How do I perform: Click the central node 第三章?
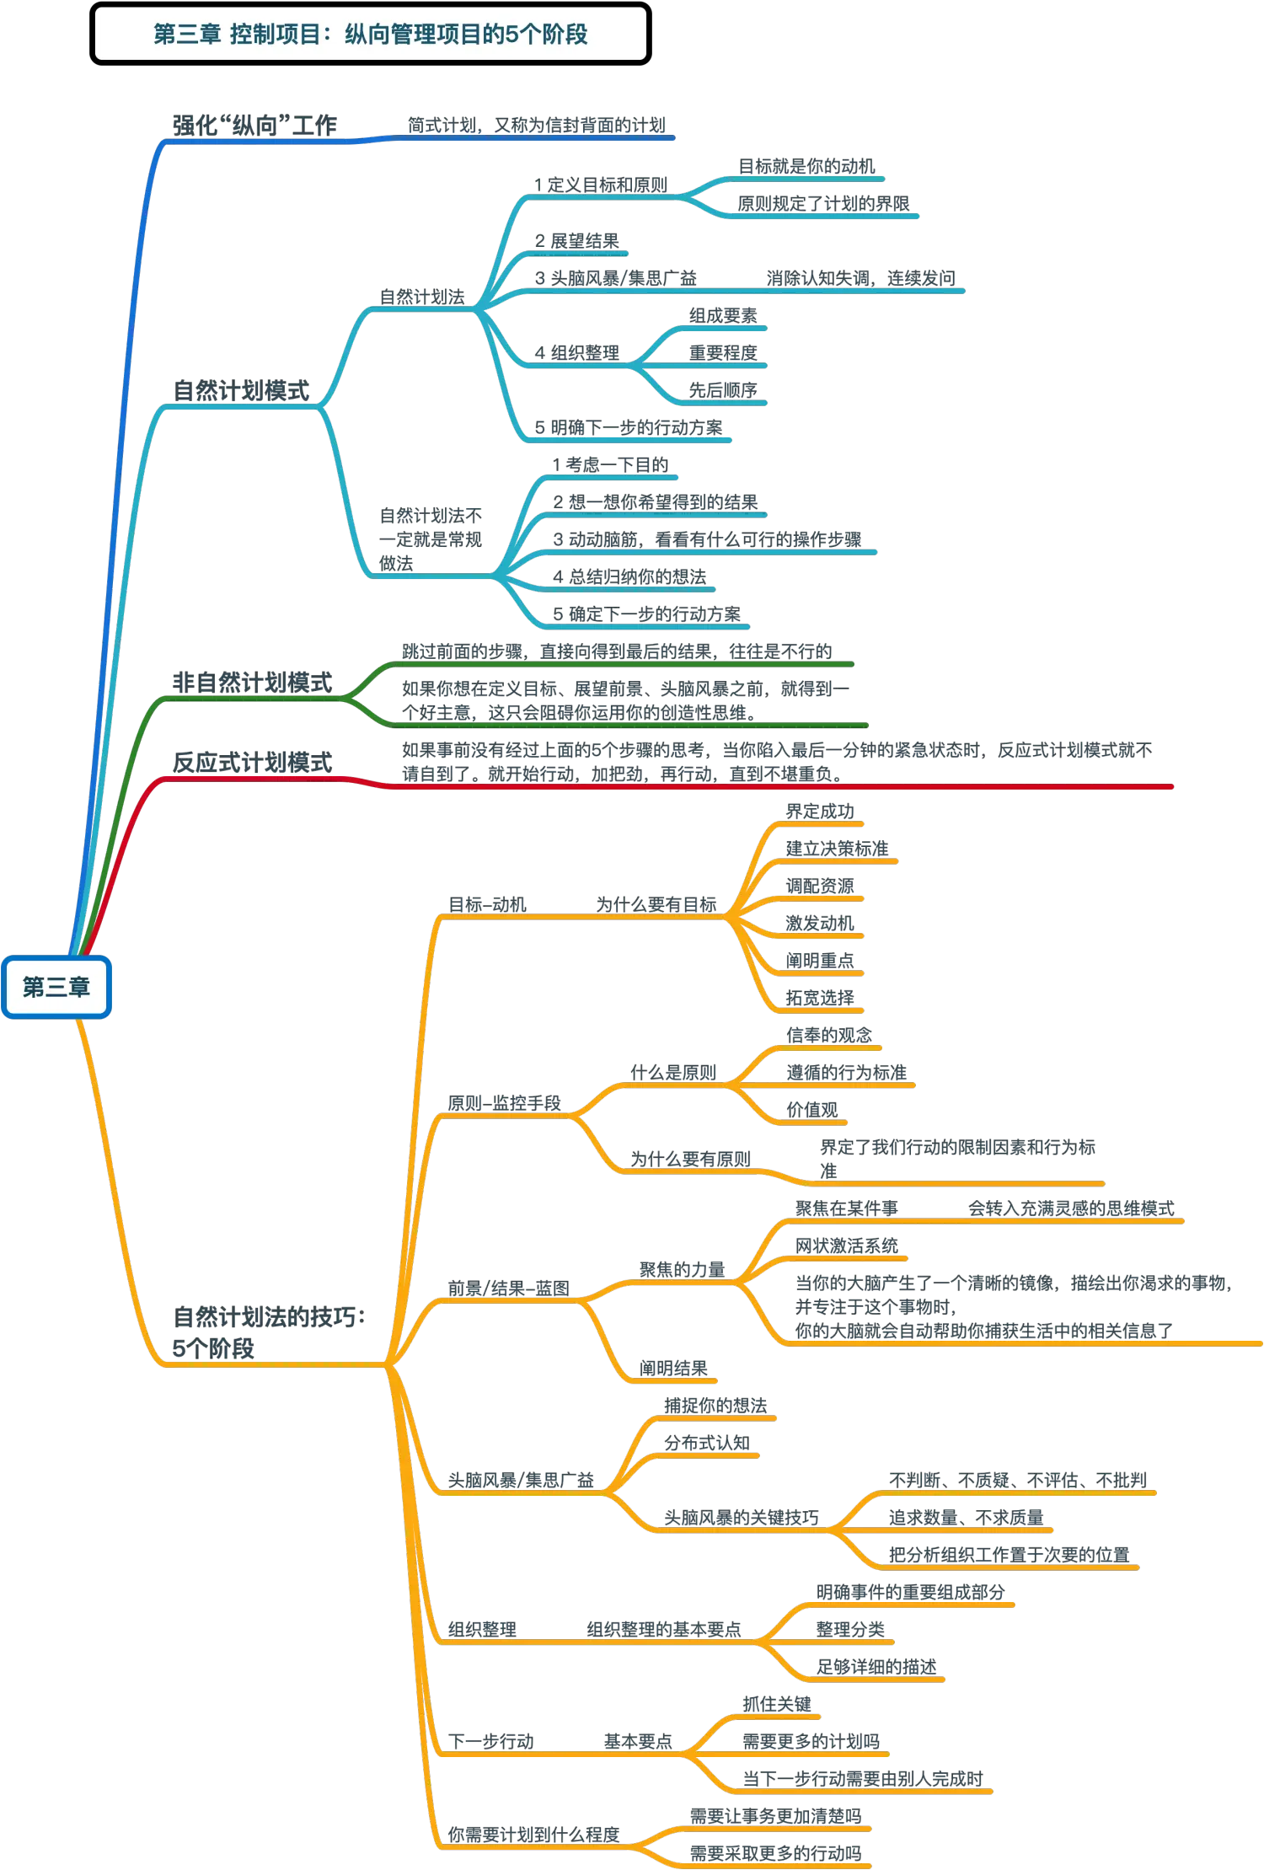(x=56, y=987)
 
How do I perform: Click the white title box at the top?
(x=370, y=35)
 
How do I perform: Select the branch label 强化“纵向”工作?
(x=254, y=126)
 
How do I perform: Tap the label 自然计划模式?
(x=242, y=390)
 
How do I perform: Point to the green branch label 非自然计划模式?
(x=252, y=682)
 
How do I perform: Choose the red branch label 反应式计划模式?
(x=252, y=762)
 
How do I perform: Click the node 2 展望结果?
(x=577, y=240)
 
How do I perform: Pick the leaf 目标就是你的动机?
(x=806, y=166)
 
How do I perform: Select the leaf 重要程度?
(x=723, y=352)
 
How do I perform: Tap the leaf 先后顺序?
(x=723, y=389)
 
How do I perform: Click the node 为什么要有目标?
(x=656, y=904)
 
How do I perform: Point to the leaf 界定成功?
(x=820, y=812)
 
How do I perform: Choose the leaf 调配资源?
(x=820, y=886)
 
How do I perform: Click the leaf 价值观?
(x=812, y=1109)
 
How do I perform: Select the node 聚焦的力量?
(x=682, y=1269)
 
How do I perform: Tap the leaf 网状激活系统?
(x=847, y=1245)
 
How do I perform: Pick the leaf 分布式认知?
(x=706, y=1442)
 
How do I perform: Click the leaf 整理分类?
(x=850, y=1628)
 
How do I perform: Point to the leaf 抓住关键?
(x=776, y=1703)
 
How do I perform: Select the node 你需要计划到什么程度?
(x=533, y=1835)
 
